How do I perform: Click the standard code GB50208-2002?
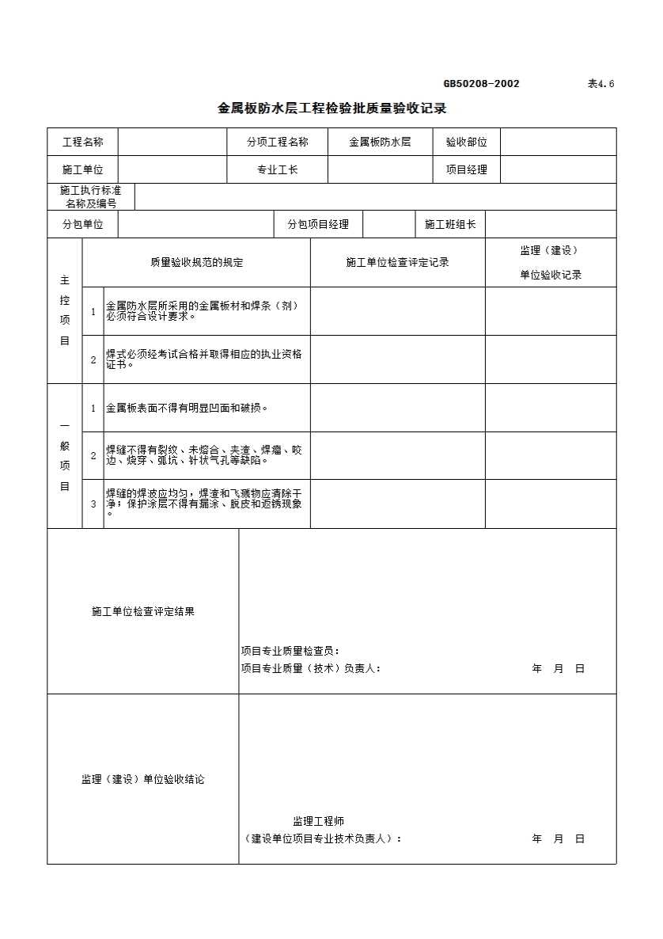pyautogui.click(x=481, y=84)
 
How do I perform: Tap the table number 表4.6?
pyautogui.click(x=600, y=84)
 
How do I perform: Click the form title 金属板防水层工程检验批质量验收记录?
pyautogui.click(x=332, y=108)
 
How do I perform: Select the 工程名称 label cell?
pyautogui.click(x=82, y=143)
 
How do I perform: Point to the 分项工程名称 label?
pyautogui.click(x=277, y=143)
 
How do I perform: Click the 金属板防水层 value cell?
pyautogui.click(x=380, y=143)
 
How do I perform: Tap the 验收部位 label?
pyautogui.click(x=466, y=143)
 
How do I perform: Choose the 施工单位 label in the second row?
pyautogui.click(x=82, y=169)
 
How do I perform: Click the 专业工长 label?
pyautogui.click(x=277, y=169)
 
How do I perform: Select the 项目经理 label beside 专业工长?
pyautogui.click(x=466, y=169)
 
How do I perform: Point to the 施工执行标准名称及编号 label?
pyautogui.click(x=91, y=197)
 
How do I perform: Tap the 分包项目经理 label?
pyautogui.click(x=318, y=224)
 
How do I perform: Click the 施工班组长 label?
pyautogui.click(x=450, y=224)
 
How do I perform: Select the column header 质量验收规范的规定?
pyautogui.click(x=196, y=263)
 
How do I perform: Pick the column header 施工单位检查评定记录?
pyautogui.click(x=397, y=263)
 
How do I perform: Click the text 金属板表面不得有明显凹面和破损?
pyautogui.click(x=187, y=409)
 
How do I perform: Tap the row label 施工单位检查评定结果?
pyautogui.click(x=142, y=612)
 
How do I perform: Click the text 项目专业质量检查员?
pyautogui.click(x=290, y=652)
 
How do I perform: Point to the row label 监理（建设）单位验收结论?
pyautogui.click(x=142, y=780)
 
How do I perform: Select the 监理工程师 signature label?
pyautogui.click(x=318, y=822)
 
